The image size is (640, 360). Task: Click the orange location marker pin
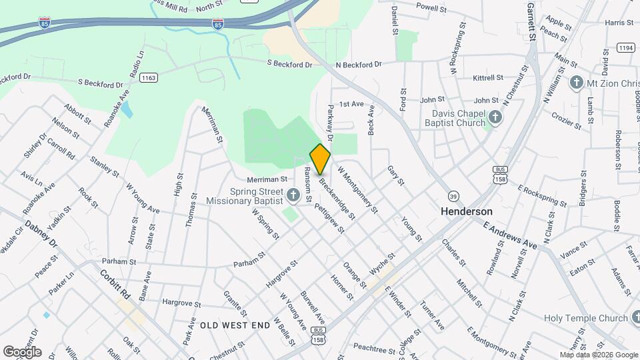point(320,159)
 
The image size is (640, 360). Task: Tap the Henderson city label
point(467,211)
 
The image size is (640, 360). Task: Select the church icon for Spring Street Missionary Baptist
point(293,195)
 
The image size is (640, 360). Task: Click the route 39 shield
point(453,195)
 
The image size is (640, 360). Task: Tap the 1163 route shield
point(149,78)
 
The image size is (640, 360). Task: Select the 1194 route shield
point(625,47)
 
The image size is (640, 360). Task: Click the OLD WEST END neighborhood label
point(235,325)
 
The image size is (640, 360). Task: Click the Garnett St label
point(531,20)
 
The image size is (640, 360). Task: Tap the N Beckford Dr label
point(358,65)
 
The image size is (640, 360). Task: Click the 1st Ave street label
point(351,104)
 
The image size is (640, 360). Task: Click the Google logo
point(22,352)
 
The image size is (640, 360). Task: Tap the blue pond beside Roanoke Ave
point(126,109)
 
